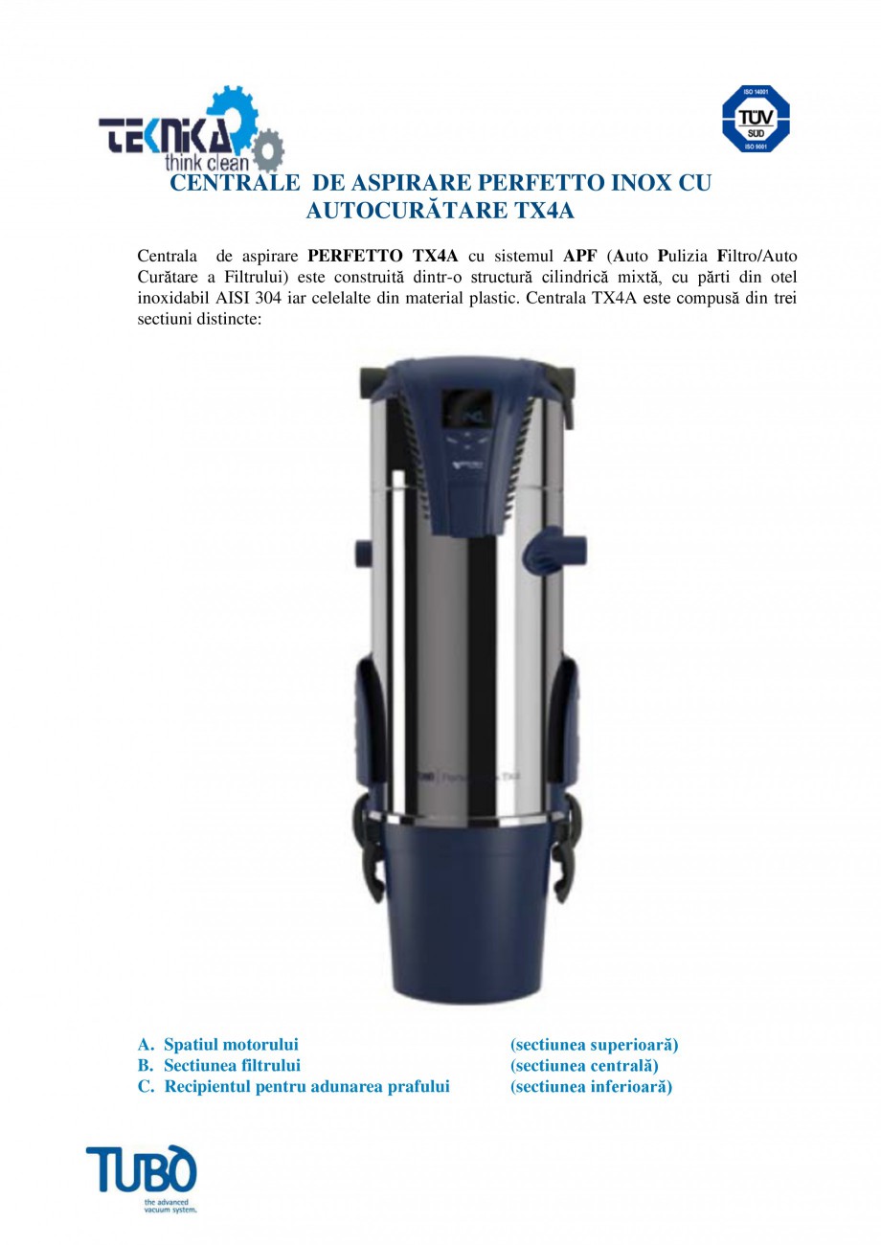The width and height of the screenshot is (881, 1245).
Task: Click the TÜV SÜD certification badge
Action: point(755,119)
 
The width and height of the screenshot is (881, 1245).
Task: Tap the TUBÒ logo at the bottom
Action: point(141,1170)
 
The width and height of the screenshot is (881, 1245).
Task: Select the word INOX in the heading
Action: point(623,184)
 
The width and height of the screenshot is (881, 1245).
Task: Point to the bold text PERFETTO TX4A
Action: point(383,257)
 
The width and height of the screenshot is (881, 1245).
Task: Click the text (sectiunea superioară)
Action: point(594,1045)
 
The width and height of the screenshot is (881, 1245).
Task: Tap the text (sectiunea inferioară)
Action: point(591,1087)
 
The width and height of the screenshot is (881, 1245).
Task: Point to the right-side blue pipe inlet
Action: point(565,547)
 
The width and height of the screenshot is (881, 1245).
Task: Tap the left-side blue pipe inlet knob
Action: point(363,555)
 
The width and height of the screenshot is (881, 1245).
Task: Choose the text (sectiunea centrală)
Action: point(584,1066)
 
